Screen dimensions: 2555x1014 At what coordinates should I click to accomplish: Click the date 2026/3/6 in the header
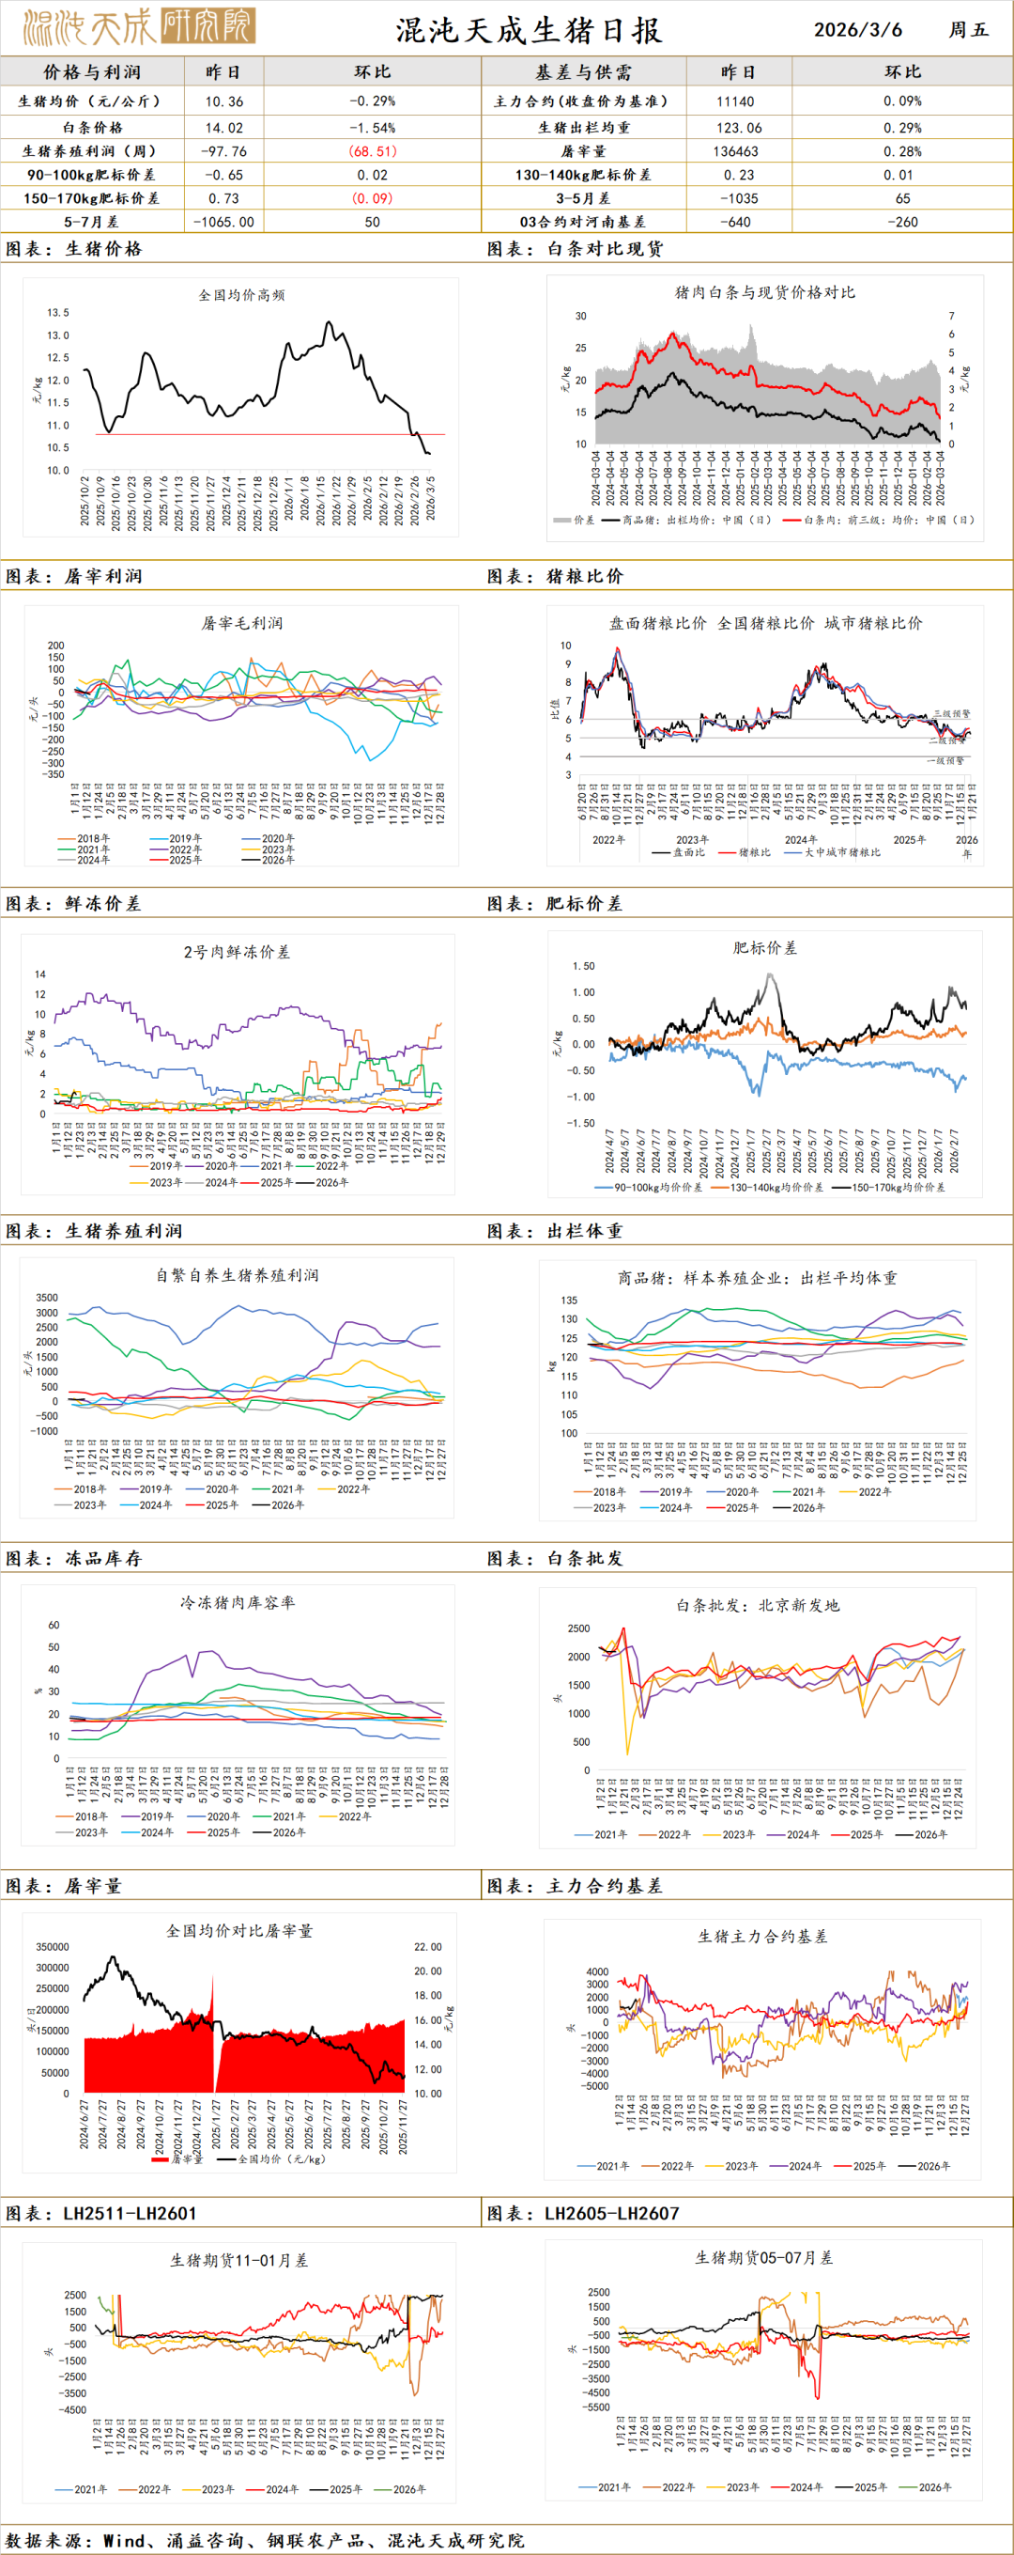(x=857, y=30)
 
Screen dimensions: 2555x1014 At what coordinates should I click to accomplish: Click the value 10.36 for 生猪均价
(x=224, y=101)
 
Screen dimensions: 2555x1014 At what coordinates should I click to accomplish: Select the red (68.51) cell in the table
(x=372, y=151)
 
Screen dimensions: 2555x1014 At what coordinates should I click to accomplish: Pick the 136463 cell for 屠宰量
(x=735, y=151)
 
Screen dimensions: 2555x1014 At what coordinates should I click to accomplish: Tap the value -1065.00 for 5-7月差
(x=224, y=222)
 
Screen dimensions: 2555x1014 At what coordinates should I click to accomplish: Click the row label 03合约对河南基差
(x=583, y=222)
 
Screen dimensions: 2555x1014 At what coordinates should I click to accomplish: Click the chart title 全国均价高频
(x=241, y=294)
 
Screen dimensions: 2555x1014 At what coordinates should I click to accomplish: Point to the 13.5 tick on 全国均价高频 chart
(x=58, y=312)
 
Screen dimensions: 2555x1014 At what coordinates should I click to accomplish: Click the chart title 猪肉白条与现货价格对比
(x=764, y=292)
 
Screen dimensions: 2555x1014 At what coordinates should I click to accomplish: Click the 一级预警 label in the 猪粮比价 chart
(x=945, y=761)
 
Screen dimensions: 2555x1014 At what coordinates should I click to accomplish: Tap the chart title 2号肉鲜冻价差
(x=236, y=952)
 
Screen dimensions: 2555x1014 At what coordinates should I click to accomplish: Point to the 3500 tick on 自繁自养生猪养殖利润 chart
(x=47, y=1298)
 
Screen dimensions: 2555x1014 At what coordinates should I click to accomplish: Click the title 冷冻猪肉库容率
(x=237, y=1602)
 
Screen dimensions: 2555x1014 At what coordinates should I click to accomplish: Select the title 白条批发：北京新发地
(x=758, y=1605)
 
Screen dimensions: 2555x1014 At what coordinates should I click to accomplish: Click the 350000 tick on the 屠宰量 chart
(x=52, y=1947)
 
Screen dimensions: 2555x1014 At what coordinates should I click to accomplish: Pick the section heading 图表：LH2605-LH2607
(x=584, y=2213)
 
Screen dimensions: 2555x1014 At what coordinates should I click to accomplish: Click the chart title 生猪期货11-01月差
(x=238, y=2261)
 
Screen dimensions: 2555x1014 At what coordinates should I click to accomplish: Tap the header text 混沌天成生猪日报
(x=529, y=31)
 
